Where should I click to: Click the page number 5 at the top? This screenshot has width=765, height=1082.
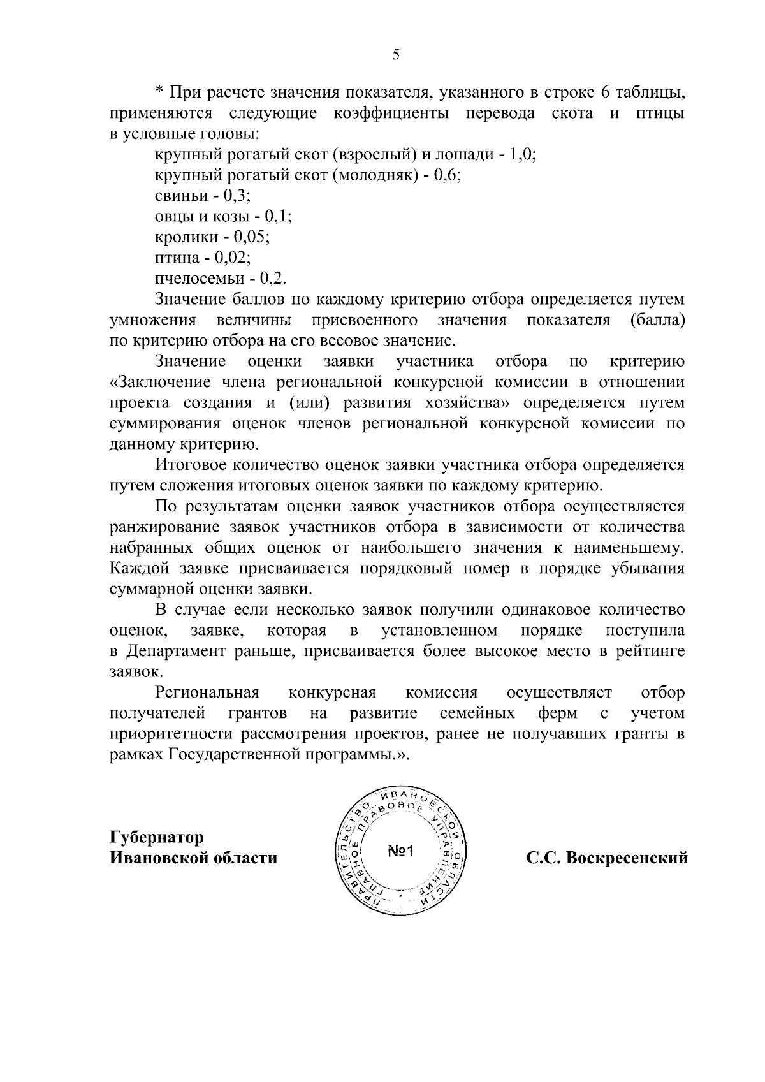396,55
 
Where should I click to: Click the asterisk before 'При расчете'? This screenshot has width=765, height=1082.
160,94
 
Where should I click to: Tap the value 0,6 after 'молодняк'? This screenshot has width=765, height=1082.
447,175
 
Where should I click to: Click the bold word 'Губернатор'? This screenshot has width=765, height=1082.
157,837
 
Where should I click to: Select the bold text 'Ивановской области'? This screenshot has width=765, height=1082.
194,858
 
